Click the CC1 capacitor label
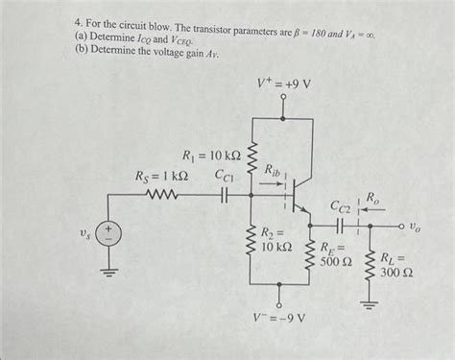coord(227,176)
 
